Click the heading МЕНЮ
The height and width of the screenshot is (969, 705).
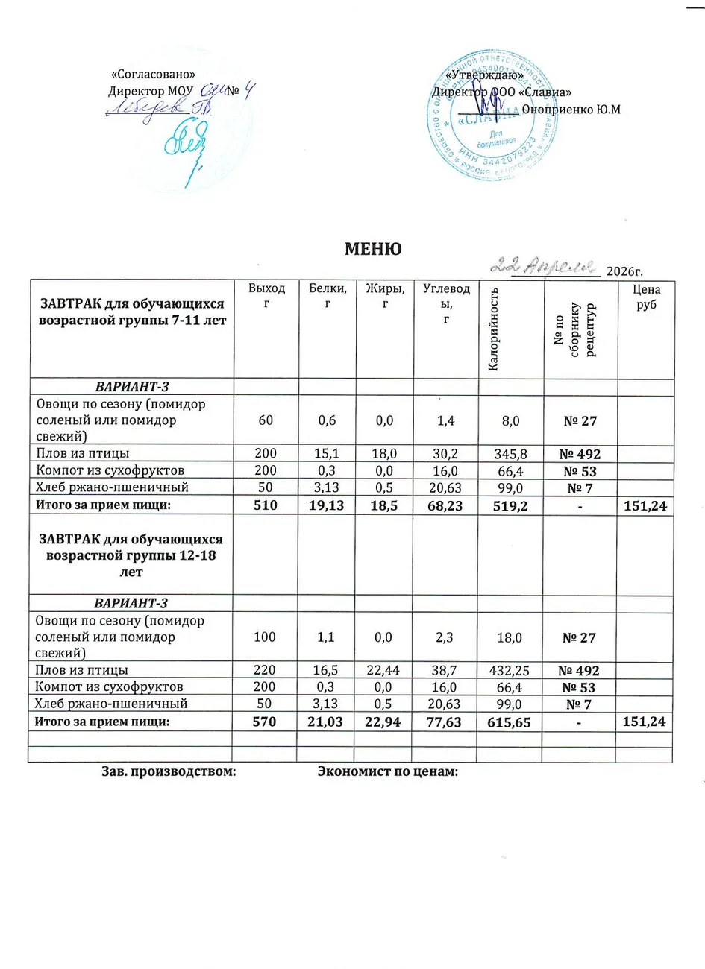pyautogui.click(x=372, y=249)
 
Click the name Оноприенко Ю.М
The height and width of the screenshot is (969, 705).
pyautogui.click(x=571, y=109)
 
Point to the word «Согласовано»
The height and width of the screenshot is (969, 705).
pyautogui.click(x=152, y=75)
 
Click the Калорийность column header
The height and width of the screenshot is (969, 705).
pyautogui.click(x=493, y=328)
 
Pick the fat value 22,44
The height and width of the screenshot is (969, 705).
pyautogui.click(x=385, y=669)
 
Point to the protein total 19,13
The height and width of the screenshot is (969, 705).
pyautogui.click(x=325, y=506)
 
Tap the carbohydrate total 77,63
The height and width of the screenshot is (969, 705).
pyautogui.click(x=446, y=721)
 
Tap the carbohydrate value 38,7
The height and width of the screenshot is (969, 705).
pyautogui.click(x=446, y=669)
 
